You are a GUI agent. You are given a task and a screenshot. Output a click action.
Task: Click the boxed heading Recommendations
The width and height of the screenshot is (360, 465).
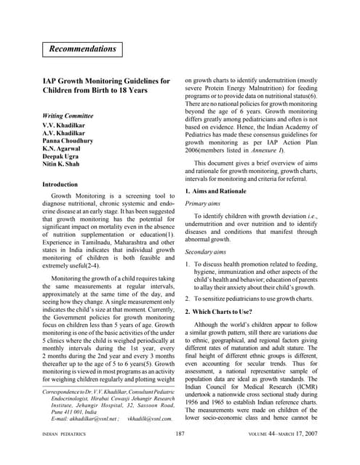[82, 49]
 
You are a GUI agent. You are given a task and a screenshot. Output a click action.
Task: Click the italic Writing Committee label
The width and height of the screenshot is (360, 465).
[68, 116]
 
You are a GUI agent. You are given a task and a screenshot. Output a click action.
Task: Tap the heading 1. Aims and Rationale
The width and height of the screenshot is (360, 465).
[219, 191]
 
